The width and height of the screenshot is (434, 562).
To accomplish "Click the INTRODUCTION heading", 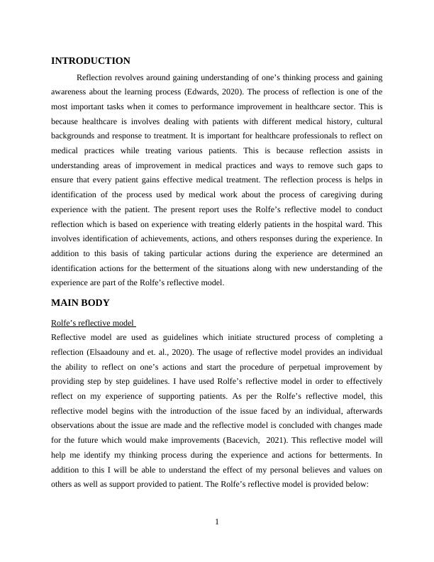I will click(x=91, y=61).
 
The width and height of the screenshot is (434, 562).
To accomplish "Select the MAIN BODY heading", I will click(x=81, y=302).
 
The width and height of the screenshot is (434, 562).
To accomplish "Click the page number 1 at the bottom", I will click(x=217, y=522).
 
